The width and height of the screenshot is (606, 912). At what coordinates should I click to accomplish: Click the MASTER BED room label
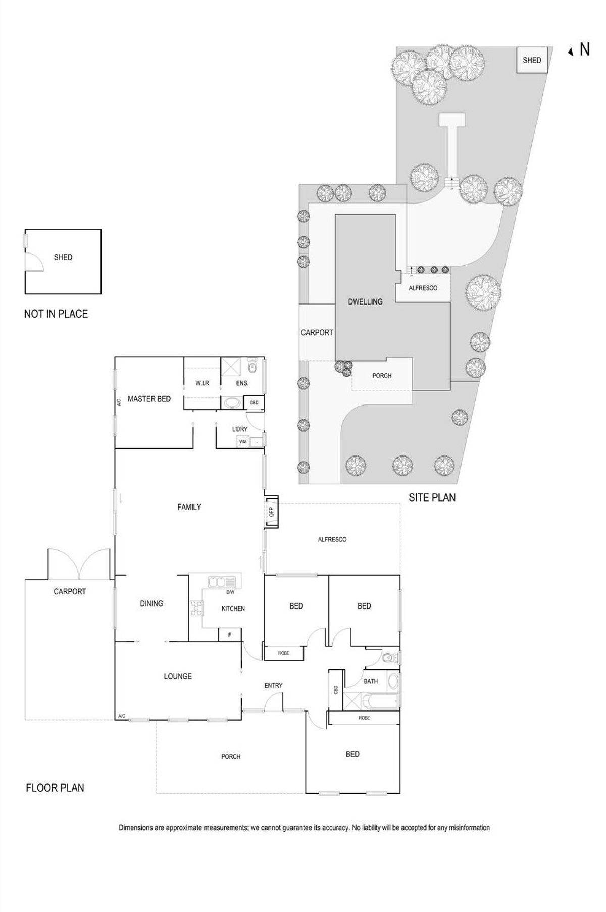(149, 399)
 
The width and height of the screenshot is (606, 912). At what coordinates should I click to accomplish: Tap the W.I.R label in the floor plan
(202, 383)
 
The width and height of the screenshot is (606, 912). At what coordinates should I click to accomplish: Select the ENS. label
(242, 383)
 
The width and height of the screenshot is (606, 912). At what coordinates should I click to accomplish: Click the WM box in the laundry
(243, 442)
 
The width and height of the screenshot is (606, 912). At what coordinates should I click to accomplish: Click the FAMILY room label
(189, 507)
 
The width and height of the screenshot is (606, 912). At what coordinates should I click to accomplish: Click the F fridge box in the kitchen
(230, 635)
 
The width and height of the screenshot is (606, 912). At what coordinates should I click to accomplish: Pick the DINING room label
(151, 603)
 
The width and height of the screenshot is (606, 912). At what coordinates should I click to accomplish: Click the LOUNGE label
(178, 676)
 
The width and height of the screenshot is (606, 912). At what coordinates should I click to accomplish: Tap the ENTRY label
(273, 685)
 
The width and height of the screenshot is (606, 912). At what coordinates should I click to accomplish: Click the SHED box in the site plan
(532, 60)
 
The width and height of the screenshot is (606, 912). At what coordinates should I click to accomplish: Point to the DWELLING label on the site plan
(365, 302)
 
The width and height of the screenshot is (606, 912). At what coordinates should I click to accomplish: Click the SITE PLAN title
(432, 498)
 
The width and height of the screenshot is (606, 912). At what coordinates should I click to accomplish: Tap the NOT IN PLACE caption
(56, 314)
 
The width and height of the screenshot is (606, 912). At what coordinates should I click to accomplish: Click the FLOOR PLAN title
(55, 788)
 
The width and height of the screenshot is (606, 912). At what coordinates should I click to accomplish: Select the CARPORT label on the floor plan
(70, 591)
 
